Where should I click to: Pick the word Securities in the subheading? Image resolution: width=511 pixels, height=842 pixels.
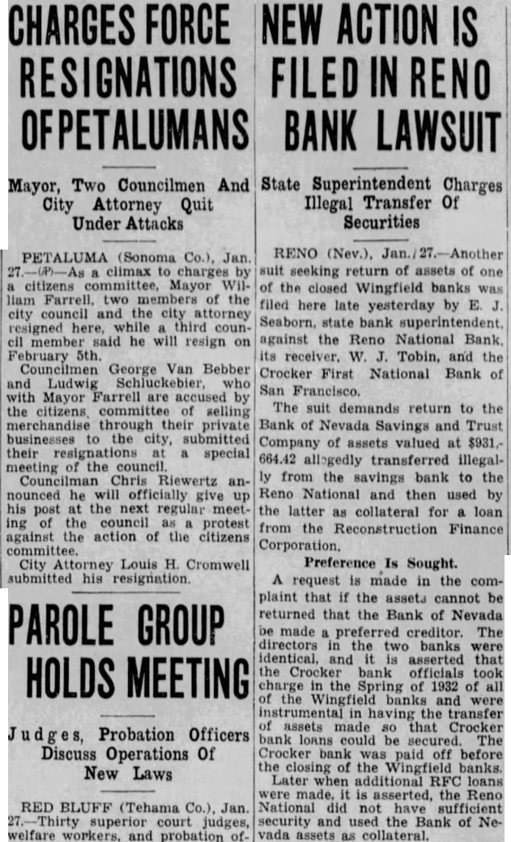tap(381, 220)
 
